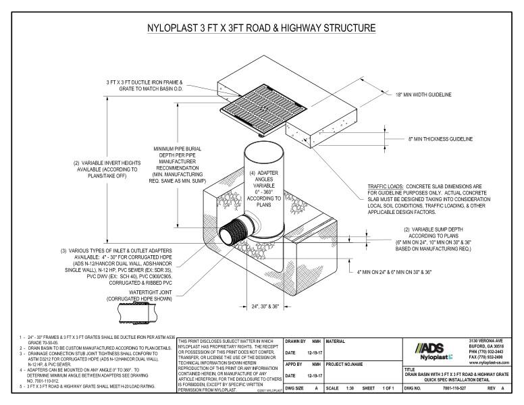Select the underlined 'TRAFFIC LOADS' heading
tap(386, 185)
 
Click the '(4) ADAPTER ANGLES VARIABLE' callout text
tap(264, 184)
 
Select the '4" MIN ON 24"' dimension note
tap(392, 272)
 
